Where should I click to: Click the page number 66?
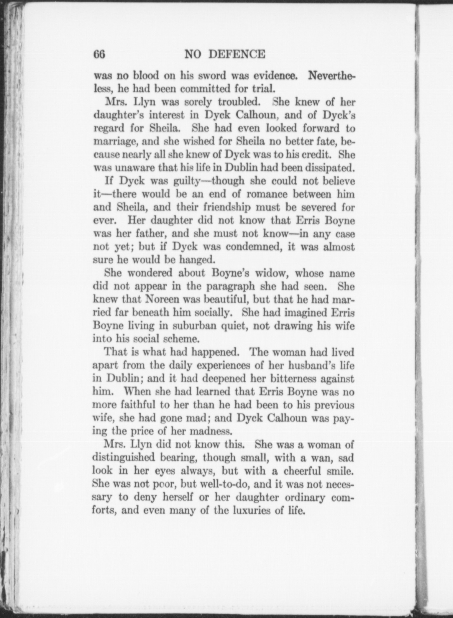99,55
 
